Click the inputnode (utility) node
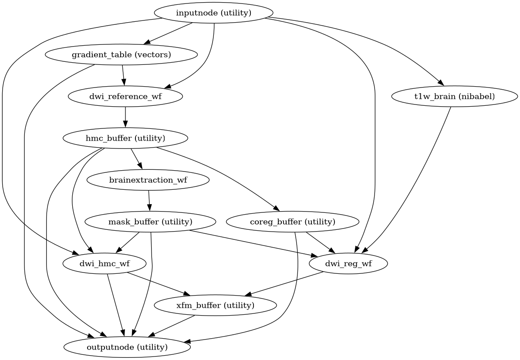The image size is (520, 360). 213,13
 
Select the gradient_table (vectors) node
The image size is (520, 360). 121,55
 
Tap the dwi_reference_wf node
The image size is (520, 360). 125,96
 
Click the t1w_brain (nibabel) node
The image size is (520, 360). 455,96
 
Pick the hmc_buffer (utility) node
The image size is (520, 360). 125,138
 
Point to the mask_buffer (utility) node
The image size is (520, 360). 150,222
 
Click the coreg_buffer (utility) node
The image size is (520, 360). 293,222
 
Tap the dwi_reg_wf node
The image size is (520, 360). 348,263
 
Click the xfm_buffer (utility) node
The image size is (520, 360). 215,305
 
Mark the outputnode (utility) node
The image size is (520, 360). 127,347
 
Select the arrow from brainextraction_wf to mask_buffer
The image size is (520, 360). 149,201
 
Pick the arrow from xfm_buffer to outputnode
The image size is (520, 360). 172,326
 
